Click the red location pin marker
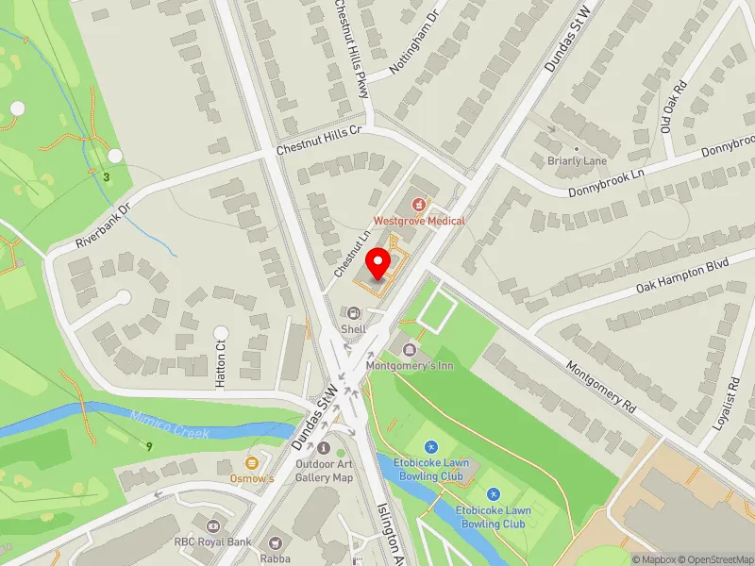coord(379,263)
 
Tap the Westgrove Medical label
coord(419,220)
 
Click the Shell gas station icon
coord(354,313)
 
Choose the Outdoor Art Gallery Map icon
coord(324,448)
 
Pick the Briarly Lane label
coord(577,160)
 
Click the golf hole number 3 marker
coord(107,175)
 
